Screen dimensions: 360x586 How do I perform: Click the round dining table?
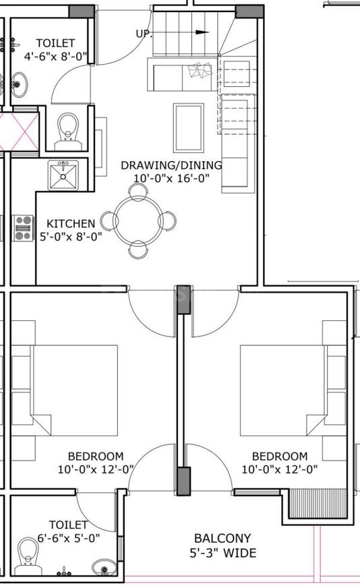(138, 221)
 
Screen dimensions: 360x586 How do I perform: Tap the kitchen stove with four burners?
(23, 228)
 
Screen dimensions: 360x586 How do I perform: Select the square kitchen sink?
(63, 175)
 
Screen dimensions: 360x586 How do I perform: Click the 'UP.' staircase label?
(144, 34)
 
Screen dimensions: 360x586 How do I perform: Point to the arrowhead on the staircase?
(202, 32)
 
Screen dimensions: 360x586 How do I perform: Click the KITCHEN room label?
(71, 223)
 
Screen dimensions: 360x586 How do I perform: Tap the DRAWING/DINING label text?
(171, 165)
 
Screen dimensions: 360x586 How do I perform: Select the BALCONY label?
(222, 538)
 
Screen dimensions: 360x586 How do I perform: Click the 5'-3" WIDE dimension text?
(223, 553)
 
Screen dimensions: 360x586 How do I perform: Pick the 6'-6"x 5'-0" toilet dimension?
(69, 538)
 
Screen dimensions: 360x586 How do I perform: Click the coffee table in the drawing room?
(189, 128)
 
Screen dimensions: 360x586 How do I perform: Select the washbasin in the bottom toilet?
(104, 567)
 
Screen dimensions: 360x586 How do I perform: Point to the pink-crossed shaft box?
(20, 131)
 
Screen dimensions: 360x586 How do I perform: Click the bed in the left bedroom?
(73, 390)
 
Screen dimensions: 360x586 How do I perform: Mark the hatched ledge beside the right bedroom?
(319, 504)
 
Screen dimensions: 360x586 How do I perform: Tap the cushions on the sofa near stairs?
(200, 70)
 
